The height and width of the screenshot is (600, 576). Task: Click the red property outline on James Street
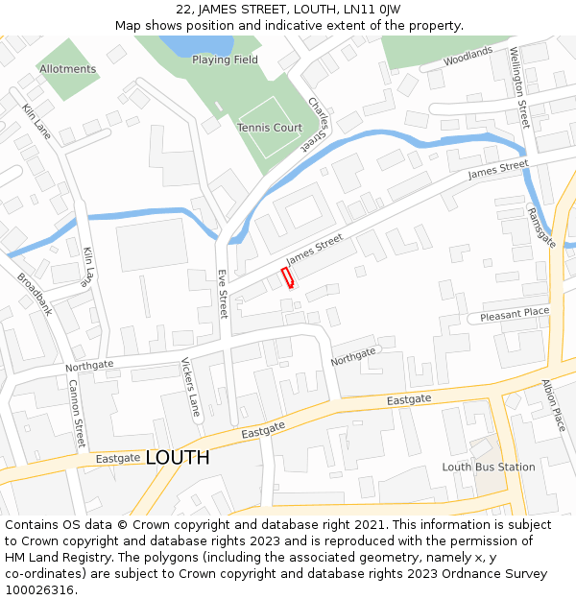(287, 277)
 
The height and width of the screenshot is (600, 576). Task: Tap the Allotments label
(67, 69)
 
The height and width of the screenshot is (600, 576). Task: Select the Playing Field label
(225, 60)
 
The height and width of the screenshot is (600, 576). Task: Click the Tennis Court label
(270, 128)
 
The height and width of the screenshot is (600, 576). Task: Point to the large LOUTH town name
(178, 458)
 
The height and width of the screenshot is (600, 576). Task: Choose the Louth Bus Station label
(489, 468)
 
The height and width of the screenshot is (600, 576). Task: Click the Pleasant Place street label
(515, 313)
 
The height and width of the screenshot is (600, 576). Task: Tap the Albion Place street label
(555, 405)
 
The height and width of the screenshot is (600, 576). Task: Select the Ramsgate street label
(541, 228)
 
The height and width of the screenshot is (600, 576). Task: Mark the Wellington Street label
(519, 87)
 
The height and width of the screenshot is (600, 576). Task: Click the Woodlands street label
(468, 58)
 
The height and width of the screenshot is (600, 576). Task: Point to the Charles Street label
(317, 123)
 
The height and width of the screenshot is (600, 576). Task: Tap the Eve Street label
(223, 294)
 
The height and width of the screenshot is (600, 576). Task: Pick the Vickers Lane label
(191, 387)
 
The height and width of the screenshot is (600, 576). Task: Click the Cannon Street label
(77, 414)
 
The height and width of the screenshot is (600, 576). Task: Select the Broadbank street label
(35, 294)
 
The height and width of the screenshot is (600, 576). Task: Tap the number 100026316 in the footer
(39, 590)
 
